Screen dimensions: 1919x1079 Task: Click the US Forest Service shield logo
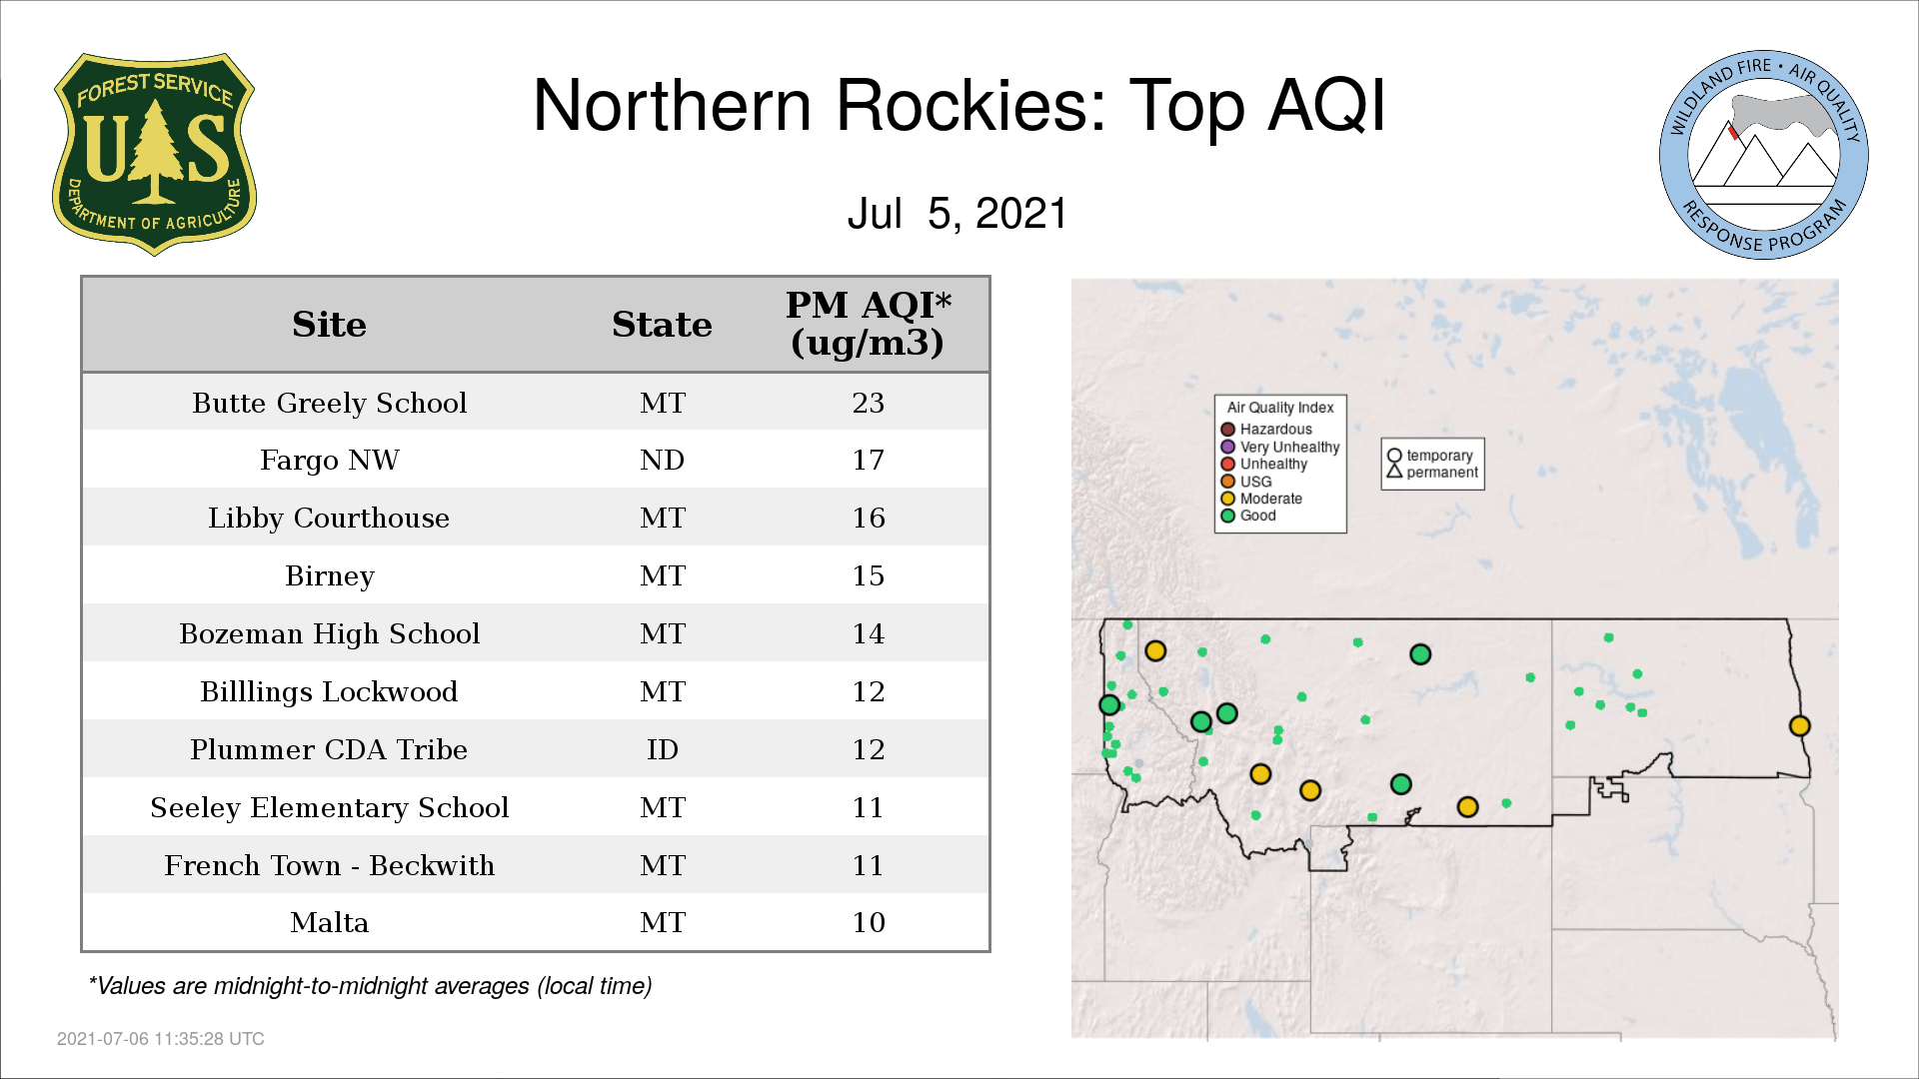tap(154, 154)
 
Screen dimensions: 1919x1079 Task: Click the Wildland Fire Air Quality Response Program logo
tap(1764, 155)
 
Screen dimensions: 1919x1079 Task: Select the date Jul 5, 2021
tap(958, 214)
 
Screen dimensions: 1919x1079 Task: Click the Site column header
tap(329, 325)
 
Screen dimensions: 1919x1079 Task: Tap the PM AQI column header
tap(868, 324)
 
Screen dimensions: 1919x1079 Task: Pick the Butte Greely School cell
tap(329, 403)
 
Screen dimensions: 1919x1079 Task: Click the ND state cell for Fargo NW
tap(662, 460)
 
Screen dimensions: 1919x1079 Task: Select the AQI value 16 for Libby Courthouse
tap(868, 518)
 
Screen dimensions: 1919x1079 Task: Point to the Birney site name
tap(329, 575)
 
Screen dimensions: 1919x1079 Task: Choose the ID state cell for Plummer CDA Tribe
tap(662, 749)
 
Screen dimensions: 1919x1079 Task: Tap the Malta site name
tap(329, 922)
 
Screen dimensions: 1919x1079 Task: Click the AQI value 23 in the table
tap(868, 403)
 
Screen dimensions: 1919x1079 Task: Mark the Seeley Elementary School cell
tap(329, 807)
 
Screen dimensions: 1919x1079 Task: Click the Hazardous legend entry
tap(1266, 430)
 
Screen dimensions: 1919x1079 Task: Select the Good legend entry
tap(1248, 516)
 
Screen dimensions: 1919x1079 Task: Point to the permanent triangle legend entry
tap(1432, 473)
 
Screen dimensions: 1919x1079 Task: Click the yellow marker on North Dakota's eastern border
tap(1799, 726)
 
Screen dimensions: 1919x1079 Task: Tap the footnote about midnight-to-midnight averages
tap(370, 986)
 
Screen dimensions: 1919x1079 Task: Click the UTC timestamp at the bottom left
tap(161, 1039)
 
